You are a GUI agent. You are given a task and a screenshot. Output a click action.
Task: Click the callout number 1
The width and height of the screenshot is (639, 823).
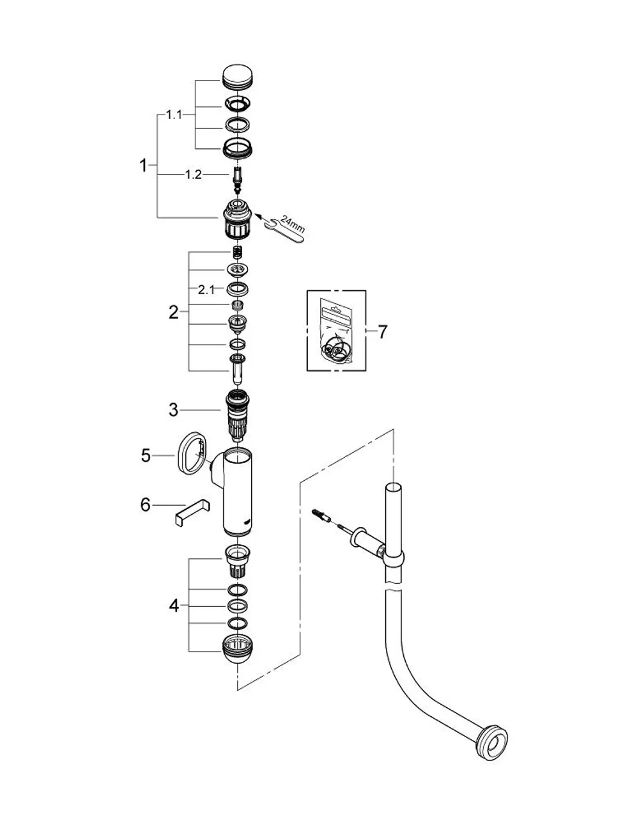click(x=143, y=165)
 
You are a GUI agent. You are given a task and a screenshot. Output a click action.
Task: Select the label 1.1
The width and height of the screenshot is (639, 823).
click(x=174, y=114)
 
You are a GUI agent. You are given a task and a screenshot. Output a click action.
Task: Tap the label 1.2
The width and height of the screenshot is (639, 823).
click(x=194, y=175)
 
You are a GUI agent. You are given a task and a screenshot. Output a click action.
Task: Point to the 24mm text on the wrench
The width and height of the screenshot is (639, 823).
click(x=293, y=224)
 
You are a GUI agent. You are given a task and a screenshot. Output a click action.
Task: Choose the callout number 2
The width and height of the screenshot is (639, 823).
click(x=173, y=313)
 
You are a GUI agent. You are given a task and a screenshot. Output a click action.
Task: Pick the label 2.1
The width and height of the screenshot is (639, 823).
click(x=206, y=290)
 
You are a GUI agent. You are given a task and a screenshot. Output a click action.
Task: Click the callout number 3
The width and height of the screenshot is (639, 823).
click(x=173, y=410)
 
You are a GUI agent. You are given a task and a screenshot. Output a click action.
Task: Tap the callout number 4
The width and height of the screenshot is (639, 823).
click(x=174, y=606)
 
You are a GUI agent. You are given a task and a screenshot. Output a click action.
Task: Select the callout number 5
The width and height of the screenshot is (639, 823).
click(x=146, y=455)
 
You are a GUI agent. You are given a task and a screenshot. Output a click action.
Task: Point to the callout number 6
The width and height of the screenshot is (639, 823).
click(x=145, y=505)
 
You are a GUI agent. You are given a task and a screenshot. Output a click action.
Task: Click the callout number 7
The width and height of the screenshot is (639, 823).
click(x=383, y=332)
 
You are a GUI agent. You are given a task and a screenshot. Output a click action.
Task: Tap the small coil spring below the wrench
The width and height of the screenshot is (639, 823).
click(x=238, y=253)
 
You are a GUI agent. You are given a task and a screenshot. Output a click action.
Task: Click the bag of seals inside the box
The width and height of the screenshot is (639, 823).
click(x=336, y=330)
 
